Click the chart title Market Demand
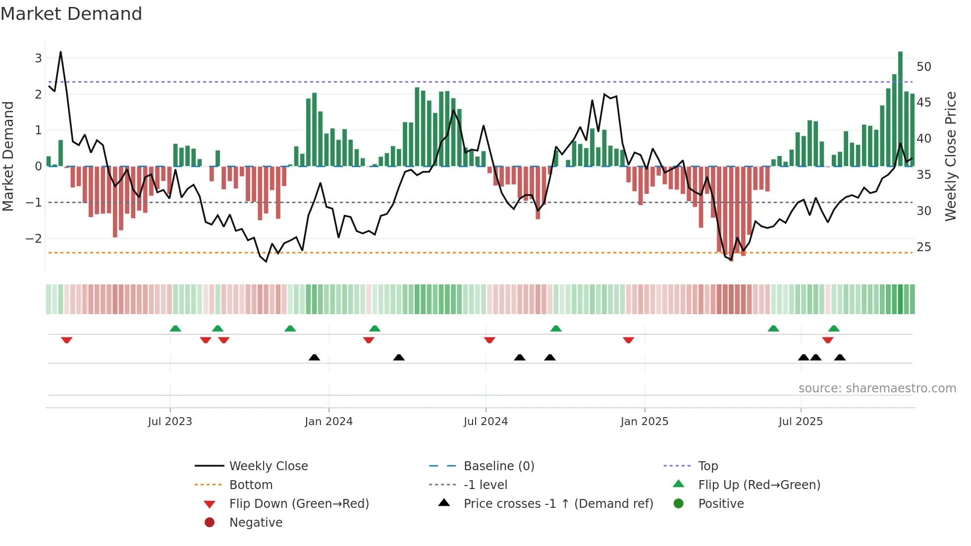71,13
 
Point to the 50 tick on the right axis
923,66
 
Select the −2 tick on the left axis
34,238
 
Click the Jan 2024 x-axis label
328,422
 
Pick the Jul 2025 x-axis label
800,422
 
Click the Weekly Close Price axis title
950,156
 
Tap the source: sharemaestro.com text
877,388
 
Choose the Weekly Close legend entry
268,466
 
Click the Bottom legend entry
251,485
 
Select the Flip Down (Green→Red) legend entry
299,503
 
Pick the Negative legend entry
256,522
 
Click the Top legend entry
707,466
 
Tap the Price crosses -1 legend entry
558,503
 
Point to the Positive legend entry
720,503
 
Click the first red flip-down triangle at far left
67,340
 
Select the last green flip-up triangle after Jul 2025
834,328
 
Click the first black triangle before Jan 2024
314,357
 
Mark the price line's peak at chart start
60,52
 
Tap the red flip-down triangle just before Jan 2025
628,340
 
